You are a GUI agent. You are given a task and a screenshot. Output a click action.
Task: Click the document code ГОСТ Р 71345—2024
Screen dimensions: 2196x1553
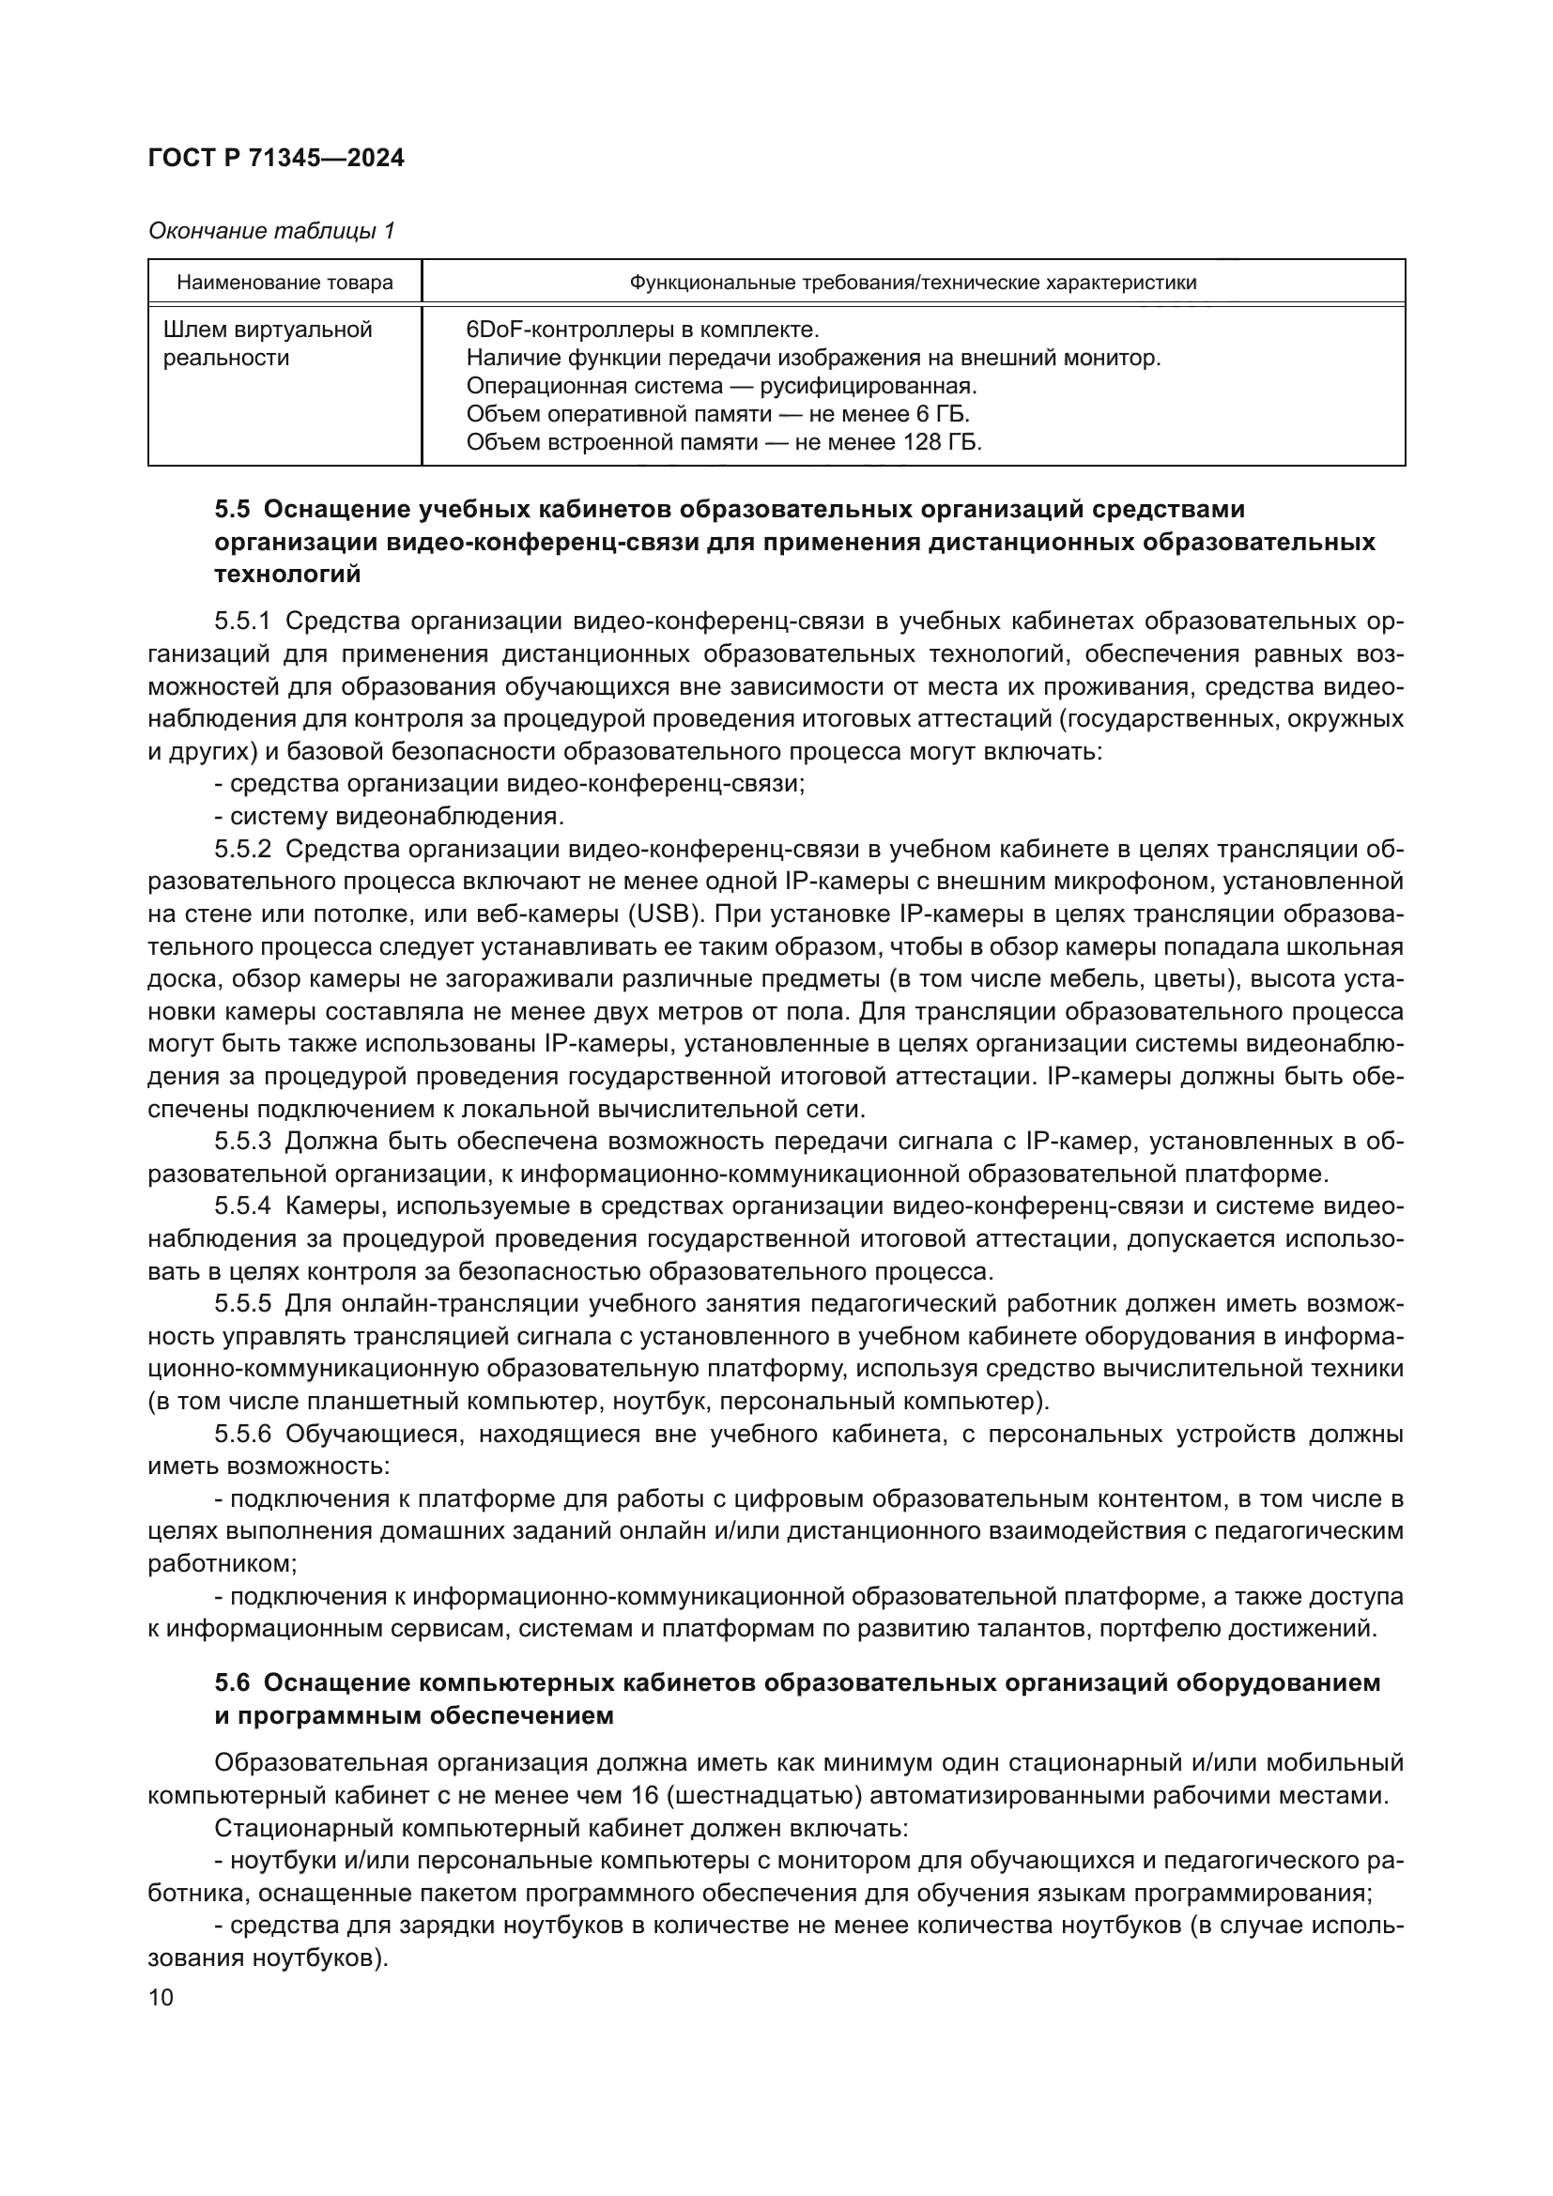pos(276,158)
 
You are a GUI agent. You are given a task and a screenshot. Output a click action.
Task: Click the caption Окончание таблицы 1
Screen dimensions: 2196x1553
pos(271,231)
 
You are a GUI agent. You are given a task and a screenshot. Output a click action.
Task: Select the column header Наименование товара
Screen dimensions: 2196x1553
pos(285,283)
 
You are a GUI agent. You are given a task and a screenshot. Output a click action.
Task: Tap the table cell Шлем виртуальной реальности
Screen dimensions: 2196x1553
pos(268,344)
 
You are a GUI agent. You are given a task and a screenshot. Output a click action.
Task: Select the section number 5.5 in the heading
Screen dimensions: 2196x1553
pos(232,509)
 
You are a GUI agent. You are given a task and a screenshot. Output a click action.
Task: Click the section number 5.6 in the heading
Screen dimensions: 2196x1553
pos(232,1682)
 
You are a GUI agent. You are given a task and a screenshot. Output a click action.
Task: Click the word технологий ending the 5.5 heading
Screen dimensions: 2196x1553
pos(288,575)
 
